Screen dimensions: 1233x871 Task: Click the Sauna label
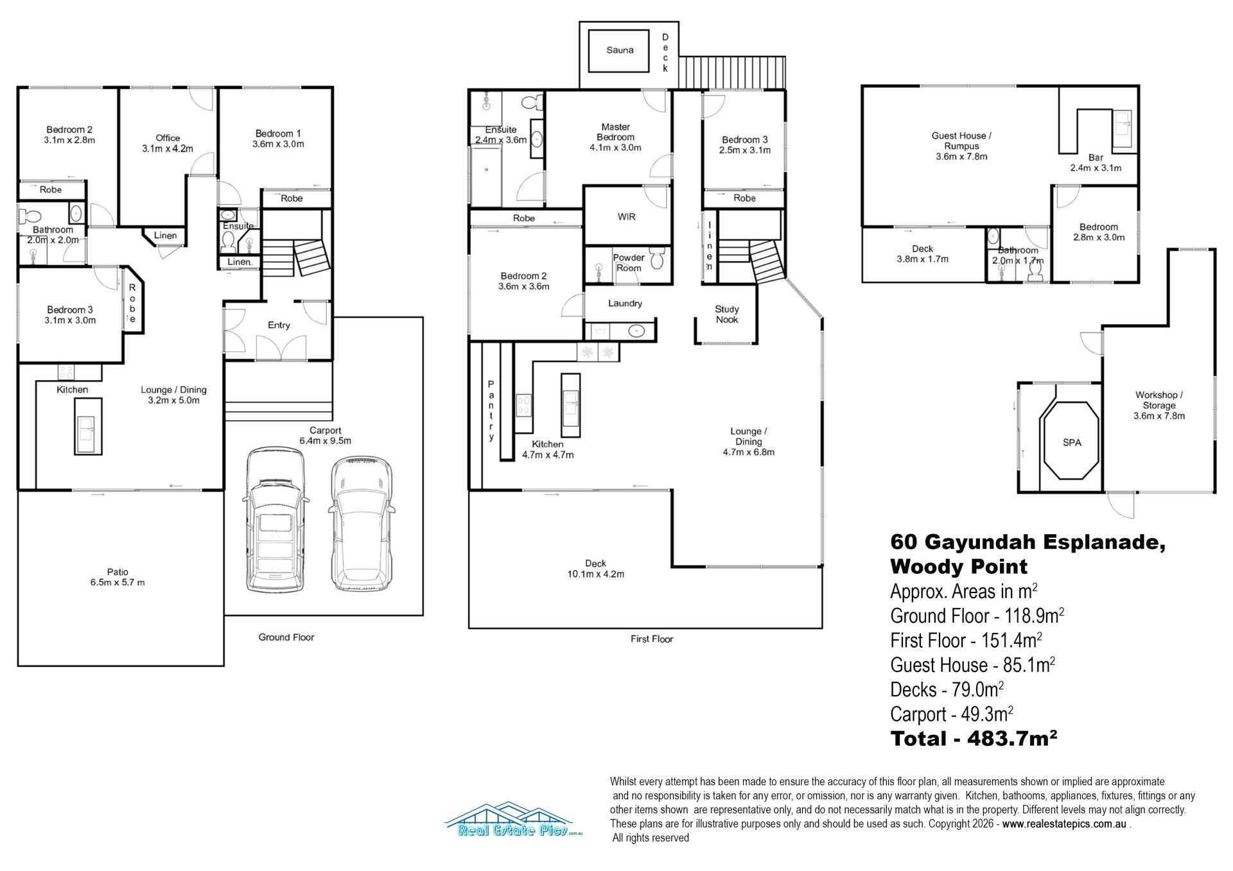(620, 50)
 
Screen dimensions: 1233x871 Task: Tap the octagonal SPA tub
(1072, 440)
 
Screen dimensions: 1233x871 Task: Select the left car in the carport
(275, 521)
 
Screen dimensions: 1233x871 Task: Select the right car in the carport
(360, 524)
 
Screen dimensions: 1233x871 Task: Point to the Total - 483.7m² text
(974, 739)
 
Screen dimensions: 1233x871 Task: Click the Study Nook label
(727, 315)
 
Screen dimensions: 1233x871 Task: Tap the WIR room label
(627, 217)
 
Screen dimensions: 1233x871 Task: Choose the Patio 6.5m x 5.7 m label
(118, 577)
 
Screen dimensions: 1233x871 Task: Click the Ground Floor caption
(286, 637)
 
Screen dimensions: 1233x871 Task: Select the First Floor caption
(652, 639)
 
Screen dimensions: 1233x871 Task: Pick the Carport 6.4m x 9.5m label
(325, 436)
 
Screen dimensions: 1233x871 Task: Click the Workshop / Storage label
(1159, 406)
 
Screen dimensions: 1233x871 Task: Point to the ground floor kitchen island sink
(88, 426)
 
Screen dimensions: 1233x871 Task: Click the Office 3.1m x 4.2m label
(168, 143)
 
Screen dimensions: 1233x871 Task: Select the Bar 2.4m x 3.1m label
(1096, 163)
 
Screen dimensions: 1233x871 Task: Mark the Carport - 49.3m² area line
(952, 714)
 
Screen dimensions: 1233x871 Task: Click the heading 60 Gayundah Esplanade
(1027, 542)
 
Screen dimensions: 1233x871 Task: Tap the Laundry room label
(625, 304)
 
